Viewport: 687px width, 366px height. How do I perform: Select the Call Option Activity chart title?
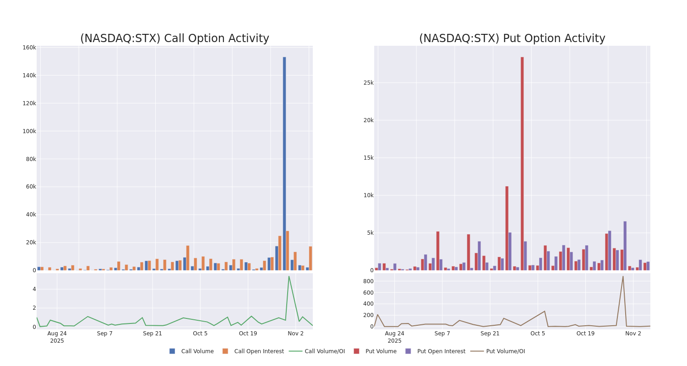[x=174, y=38]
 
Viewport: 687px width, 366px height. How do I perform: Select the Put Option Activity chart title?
[x=512, y=38]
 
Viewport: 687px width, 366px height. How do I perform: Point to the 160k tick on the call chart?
[x=29, y=48]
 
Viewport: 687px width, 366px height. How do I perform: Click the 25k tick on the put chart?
[x=368, y=83]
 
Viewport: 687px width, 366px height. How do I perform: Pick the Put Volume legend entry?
[x=381, y=351]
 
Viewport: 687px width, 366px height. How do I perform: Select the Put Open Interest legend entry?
[x=441, y=351]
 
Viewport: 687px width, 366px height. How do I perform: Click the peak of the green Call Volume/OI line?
[x=289, y=276]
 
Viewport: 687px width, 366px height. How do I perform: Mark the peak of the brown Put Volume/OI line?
[x=622, y=276]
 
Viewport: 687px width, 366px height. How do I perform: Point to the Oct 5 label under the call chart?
[x=200, y=334]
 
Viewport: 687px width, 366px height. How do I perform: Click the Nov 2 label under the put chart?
[x=633, y=334]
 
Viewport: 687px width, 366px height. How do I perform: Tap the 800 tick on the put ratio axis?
[x=368, y=281]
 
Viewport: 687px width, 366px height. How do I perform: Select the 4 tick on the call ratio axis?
[x=34, y=289]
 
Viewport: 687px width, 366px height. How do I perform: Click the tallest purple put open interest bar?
[x=625, y=246]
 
